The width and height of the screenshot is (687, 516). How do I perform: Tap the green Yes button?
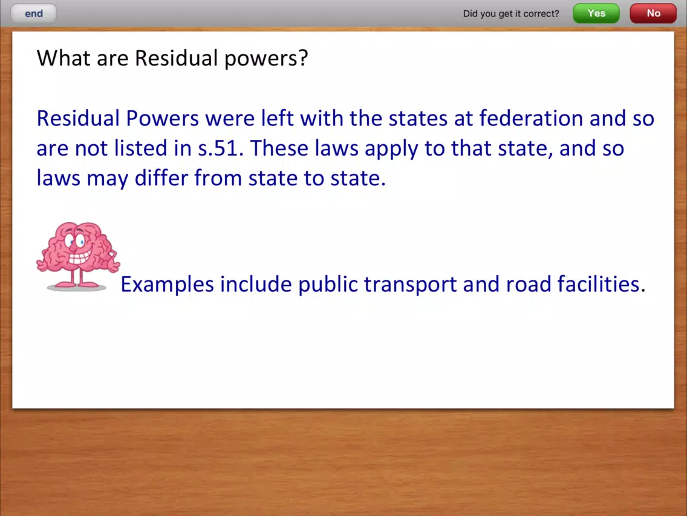[x=596, y=13]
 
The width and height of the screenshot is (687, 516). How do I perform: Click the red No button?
[x=653, y=13]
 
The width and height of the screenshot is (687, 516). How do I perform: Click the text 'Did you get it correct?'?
[x=511, y=13]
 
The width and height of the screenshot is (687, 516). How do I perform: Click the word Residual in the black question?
[x=176, y=58]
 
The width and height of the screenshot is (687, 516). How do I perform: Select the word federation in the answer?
[x=530, y=118]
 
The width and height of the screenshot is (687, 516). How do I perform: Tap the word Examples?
[x=168, y=285]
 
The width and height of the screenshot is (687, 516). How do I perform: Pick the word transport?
[x=410, y=285]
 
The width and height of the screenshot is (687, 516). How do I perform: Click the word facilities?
[x=599, y=283]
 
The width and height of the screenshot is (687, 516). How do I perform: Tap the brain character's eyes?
[x=74, y=240]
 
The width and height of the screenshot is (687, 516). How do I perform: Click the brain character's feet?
[x=77, y=285]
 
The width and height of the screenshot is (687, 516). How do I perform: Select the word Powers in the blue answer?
[x=163, y=118]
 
